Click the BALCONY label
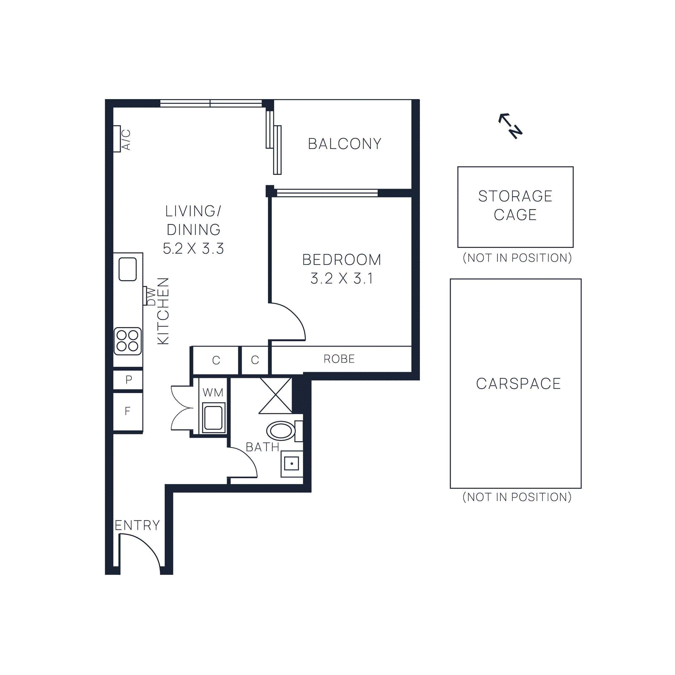344,144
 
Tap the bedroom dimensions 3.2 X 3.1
341,278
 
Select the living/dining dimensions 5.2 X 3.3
193,248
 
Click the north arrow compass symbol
511,126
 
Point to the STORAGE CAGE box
515,207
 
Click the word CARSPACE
518,383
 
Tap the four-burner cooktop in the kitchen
127,341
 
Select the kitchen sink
127,269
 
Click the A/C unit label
126,140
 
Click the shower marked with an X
275,396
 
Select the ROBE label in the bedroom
339,359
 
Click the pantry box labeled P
128,380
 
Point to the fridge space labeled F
127,411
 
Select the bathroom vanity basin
292,464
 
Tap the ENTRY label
137,525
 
